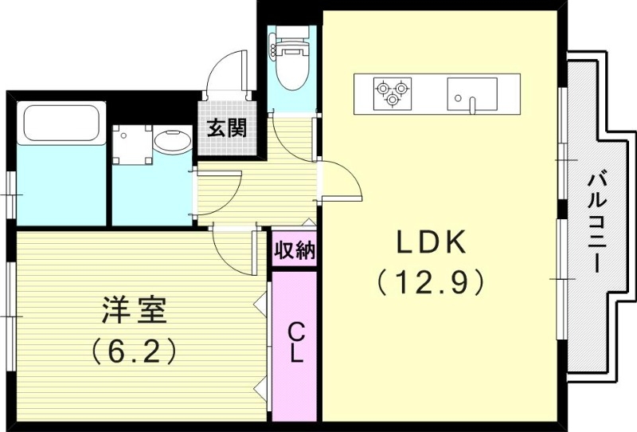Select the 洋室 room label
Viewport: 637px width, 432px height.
134,311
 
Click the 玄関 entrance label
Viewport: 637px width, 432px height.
226,128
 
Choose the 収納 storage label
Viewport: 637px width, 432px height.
294,251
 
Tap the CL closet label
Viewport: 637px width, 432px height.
295,343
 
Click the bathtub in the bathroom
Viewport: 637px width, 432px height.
61,124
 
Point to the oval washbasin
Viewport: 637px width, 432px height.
171,143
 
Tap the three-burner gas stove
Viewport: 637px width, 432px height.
393,92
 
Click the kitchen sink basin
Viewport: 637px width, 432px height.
471,92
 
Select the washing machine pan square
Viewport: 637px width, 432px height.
129,144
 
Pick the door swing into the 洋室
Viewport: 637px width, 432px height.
233,251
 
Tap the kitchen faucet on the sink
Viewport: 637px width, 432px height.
471,103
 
